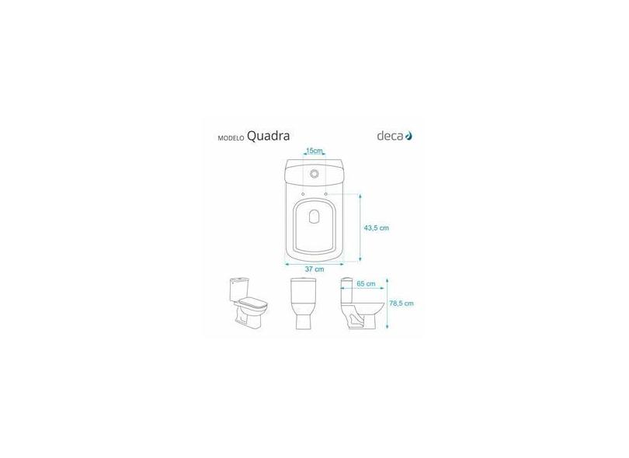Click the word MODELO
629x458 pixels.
coord(231,138)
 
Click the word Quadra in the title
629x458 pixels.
coord(268,136)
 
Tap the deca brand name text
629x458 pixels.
coord(390,136)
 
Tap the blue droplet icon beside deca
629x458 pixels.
coord(408,136)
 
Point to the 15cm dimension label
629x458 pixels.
coord(314,151)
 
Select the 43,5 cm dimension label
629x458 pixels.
coord(377,227)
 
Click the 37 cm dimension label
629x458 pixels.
coord(314,269)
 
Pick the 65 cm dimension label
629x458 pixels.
coord(366,283)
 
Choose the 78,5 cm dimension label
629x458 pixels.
coord(401,304)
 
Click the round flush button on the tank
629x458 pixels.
coord(314,174)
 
